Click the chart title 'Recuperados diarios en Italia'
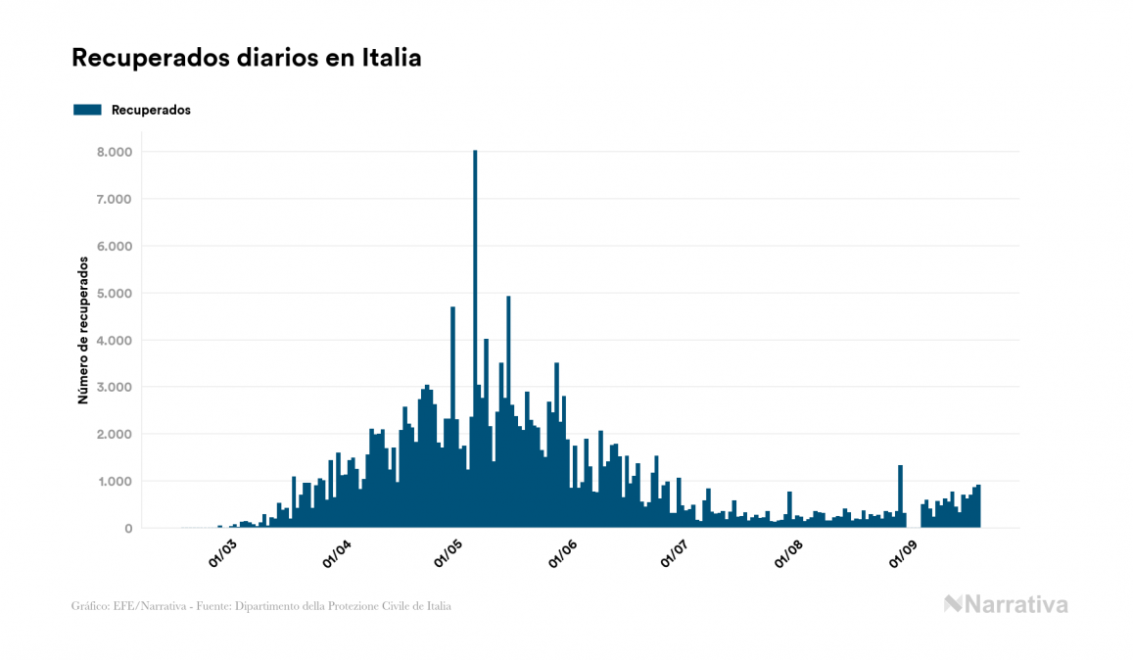[x=246, y=59]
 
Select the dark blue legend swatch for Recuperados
[x=87, y=110]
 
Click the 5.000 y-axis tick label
[x=115, y=293]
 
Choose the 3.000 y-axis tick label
[x=115, y=387]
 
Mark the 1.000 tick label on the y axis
[x=115, y=481]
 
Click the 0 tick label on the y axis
[x=127, y=528]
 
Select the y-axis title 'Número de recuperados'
[x=84, y=331]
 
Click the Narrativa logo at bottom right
[x=1006, y=604]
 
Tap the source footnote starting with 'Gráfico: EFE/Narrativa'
[x=261, y=606]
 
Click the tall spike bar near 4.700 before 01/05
[x=452, y=417]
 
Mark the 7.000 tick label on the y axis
[x=115, y=199]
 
